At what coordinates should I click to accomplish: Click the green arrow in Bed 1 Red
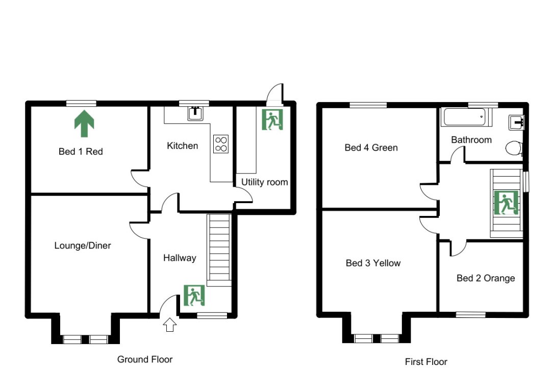pyautogui.click(x=85, y=125)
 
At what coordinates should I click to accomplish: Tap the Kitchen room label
pyautogui.click(x=182, y=146)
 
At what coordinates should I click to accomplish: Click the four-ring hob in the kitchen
pyautogui.click(x=221, y=143)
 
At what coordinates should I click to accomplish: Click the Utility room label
pyautogui.click(x=264, y=182)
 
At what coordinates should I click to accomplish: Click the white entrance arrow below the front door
pyautogui.click(x=170, y=325)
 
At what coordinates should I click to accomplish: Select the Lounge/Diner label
pyautogui.click(x=83, y=246)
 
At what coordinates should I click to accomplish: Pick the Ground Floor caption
pyautogui.click(x=145, y=359)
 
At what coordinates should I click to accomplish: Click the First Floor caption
pyautogui.click(x=426, y=362)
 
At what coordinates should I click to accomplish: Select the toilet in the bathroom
pyautogui.click(x=513, y=149)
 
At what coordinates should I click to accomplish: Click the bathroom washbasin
pyautogui.click(x=516, y=122)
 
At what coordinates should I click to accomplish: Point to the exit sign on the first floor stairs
pyautogui.click(x=506, y=203)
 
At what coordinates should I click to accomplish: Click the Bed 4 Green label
pyautogui.click(x=371, y=148)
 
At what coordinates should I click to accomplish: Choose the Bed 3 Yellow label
pyautogui.click(x=373, y=263)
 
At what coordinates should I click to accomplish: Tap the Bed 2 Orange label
pyautogui.click(x=485, y=278)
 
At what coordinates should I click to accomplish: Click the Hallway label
pyautogui.click(x=180, y=258)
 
